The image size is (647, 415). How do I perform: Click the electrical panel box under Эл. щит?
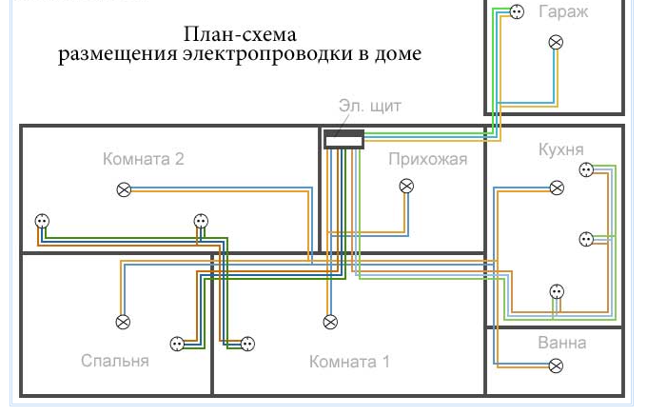(x=343, y=140)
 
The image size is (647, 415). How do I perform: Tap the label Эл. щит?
(x=369, y=106)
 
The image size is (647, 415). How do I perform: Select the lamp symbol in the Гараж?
(x=557, y=42)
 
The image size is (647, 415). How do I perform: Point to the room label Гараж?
(x=563, y=12)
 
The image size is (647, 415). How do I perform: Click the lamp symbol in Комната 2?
(x=123, y=190)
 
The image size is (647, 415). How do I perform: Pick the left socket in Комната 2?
(x=41, y=221)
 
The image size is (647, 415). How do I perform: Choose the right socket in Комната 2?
(x=201, y=221)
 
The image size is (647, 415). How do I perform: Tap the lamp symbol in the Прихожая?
(x=406, y=186)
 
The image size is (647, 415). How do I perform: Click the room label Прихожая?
(x=427, y=159)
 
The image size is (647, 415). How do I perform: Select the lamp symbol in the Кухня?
(x=557, y=188)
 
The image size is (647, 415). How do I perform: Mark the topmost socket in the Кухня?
(x=586, y=170)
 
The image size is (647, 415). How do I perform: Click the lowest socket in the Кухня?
(x=558, y=291)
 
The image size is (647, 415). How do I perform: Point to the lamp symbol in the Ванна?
(x=557, y=366)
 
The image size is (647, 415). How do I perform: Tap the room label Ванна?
(x=561, y=343)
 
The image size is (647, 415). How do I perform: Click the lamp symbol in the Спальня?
(x=123, y=322)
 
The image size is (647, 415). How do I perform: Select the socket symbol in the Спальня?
(x=177, y=344)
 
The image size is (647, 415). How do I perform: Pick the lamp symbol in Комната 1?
(x=330, y=321)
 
